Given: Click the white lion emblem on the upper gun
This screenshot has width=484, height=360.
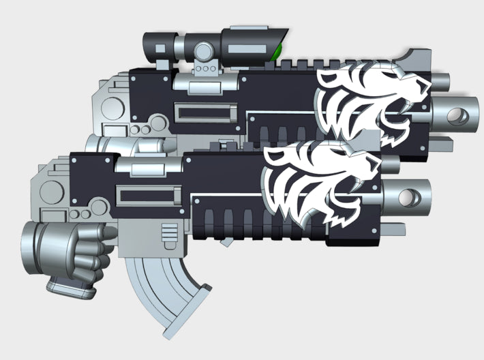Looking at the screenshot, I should (372, 106).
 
